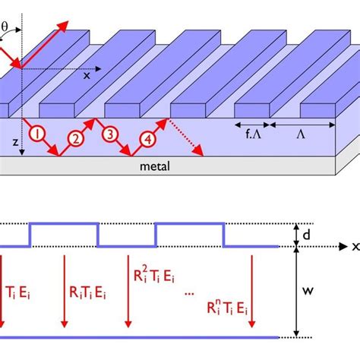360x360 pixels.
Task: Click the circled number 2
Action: (x=75, y=138)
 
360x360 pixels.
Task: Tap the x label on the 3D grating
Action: (x=86, y=75)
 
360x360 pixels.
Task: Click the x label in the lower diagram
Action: (x=354, y=246)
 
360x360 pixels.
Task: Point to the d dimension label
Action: (x=306, y=235)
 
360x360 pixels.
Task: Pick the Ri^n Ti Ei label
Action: (x=229, y=308)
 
